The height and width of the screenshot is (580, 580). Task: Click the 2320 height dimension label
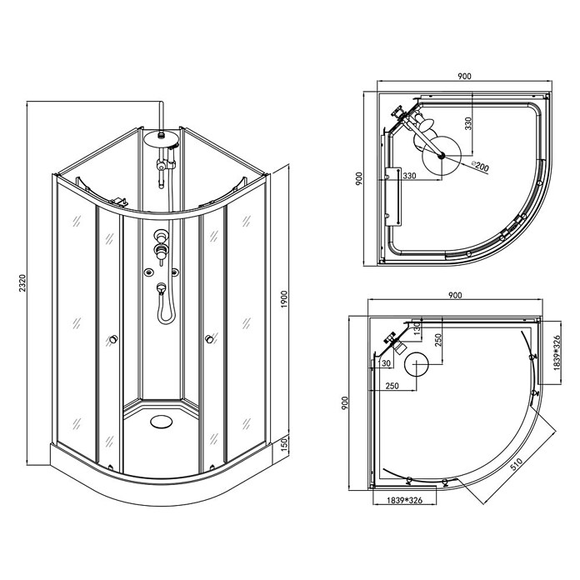(x=22, y=283)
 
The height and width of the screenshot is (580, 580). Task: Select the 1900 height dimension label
(x=284, y=299)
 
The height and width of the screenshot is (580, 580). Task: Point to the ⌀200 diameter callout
(x=480, y=166)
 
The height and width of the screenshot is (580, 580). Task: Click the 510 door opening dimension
(x=517, y=464)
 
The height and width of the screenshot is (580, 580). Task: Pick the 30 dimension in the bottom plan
(x=386, y=363)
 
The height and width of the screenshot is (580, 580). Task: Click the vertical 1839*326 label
(x=557, y=352)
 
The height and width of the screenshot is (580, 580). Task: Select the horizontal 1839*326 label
(x=405, y=501)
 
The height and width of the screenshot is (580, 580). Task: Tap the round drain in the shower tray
(x=162, y=422)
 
